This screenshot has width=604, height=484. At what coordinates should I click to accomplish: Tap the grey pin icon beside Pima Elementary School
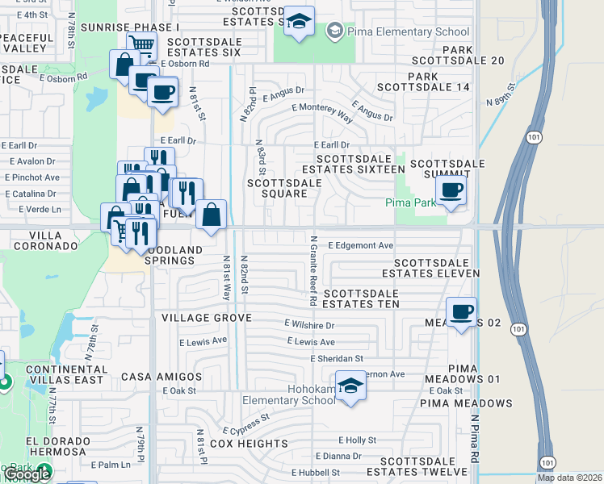click(333, 31)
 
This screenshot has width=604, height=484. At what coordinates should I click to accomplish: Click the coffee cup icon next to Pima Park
click(451, 191)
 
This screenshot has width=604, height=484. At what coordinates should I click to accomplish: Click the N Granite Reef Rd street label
click(312, 270)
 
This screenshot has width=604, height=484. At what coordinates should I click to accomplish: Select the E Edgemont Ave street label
click(361, 245)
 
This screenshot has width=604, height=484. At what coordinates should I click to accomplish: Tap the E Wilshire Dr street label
click(308, 325)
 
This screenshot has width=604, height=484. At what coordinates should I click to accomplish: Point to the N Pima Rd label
click(475, 440)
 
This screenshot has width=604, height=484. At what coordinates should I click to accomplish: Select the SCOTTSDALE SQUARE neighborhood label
click(284, 189)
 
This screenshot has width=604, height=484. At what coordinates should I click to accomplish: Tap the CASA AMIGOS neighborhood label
click(161, 377)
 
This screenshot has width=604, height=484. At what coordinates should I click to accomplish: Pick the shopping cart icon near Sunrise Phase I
click(141, 44)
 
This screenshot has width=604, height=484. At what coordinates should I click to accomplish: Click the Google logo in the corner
click(27, 474)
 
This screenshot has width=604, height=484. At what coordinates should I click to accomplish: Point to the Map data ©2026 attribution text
click(569, 478)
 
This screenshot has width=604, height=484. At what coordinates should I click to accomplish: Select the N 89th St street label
click(501, 94)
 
